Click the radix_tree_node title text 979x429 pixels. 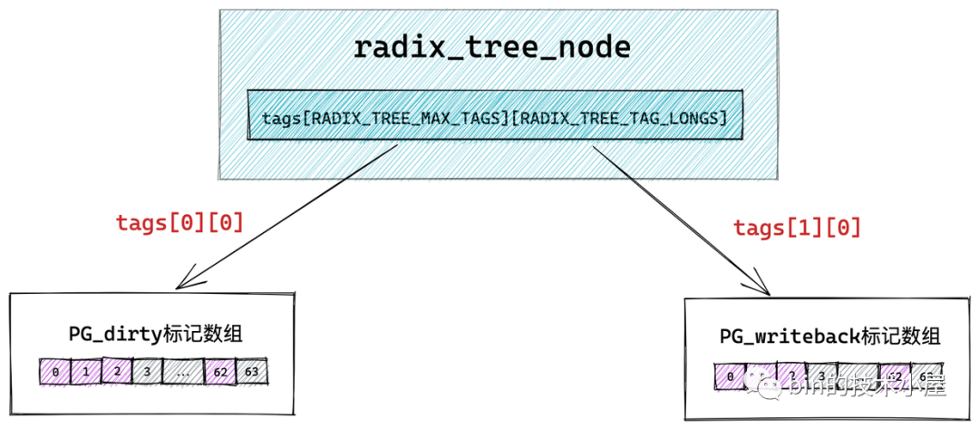[491, 47]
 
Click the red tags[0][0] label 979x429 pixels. [179, 223]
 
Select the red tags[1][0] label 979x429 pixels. [797, 228]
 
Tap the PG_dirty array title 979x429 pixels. [156, 334]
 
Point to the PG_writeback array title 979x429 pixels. [830, 336]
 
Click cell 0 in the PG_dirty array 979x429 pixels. [55, 372]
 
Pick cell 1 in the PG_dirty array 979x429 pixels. [86, 372]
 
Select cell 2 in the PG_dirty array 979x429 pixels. [117, 371]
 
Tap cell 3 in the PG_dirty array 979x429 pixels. [147, 372]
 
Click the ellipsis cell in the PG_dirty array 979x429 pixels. [183, 372]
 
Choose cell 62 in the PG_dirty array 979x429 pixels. [220, 372]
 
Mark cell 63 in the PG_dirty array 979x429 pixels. [252, 372]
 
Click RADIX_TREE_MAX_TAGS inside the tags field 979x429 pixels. [405, 118]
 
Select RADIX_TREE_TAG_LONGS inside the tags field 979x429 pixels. [616, 118]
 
